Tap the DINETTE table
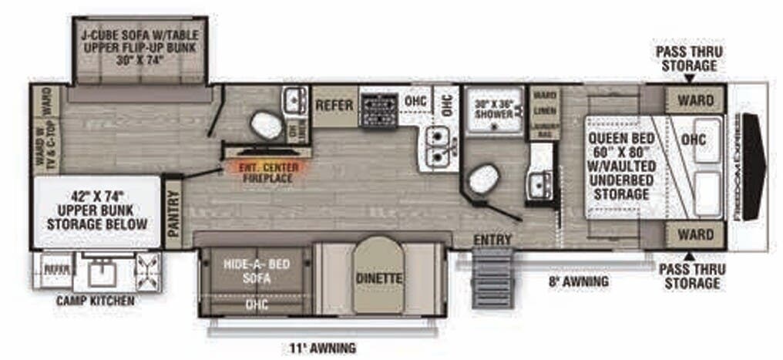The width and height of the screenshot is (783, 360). pos(378,276)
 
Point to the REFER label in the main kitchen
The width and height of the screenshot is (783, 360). pos(334,104)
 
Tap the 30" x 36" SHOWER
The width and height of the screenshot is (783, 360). pos(493,110)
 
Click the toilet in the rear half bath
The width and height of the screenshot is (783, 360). pos(266,124)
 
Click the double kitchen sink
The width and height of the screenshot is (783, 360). pos(438,146)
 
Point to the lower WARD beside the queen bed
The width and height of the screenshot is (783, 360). pos(694,233)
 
